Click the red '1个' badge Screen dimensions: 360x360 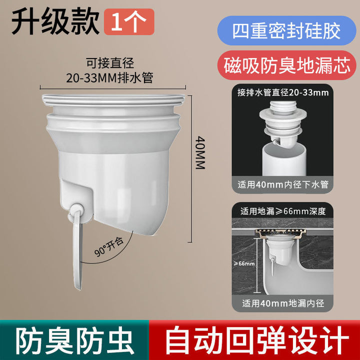(129, 22)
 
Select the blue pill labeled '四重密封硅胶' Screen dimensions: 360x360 (287, 30)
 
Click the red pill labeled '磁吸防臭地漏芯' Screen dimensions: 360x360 (287, 65)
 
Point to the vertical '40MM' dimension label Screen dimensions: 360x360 (200, 152)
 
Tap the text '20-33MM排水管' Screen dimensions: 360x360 (109, 78)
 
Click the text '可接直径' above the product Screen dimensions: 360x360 (110, 62)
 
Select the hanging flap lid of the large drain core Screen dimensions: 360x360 (77, 249)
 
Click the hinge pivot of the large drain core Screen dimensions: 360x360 (76, 209)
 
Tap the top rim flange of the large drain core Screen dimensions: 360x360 (113, 99)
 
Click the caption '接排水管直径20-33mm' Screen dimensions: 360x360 (283, 92)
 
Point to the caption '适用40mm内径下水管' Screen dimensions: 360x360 (283, 184)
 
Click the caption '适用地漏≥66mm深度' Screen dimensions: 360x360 (283, 211)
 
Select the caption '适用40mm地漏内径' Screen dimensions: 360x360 (283, 303)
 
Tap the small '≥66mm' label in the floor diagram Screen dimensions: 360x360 (244, 263)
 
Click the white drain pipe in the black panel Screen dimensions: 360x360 (284, 159)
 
